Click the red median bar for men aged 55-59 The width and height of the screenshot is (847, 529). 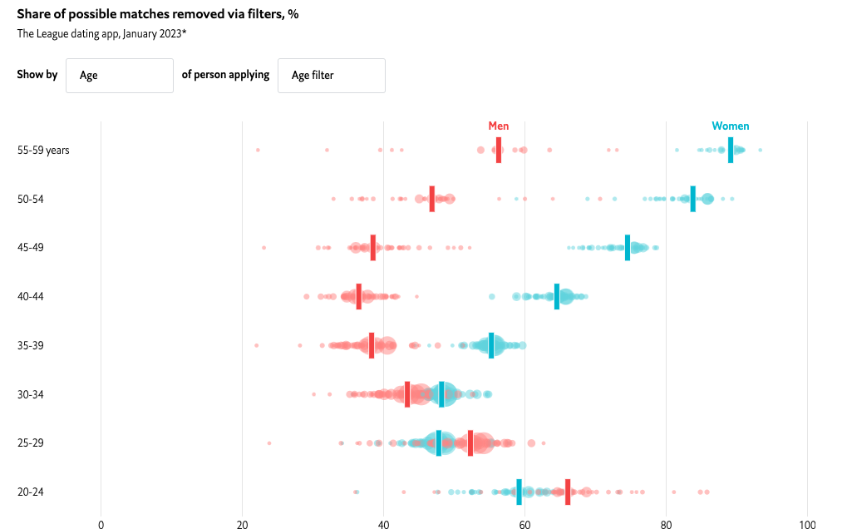[x=499, y=151]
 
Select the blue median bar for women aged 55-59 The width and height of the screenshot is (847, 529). [x=731, y=151]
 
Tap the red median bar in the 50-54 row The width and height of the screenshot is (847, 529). [x=432, y=199]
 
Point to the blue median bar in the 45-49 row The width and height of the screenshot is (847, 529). [x=628, y=248]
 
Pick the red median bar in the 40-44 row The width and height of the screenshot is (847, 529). [x=359, y=296]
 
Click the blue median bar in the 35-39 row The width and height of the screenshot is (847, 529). [x=491, y=345]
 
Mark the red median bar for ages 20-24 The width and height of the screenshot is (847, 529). [x=568, y=492]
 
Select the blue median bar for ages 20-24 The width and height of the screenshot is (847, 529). [x=520, y=492]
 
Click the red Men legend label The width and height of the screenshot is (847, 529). [x=499, y=126]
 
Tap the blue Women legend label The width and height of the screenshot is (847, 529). [x=731, y=126]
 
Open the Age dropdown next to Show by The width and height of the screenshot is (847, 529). [x=120, y=75]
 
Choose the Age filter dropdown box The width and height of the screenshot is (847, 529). [x=332, y=75]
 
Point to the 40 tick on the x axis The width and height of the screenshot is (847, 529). [x=383, y=525]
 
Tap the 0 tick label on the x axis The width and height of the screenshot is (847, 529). [x=101, y=525]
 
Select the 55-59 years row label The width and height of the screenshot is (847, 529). [x=43, y=151]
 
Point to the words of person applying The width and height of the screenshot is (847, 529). [x=225, y=75]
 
